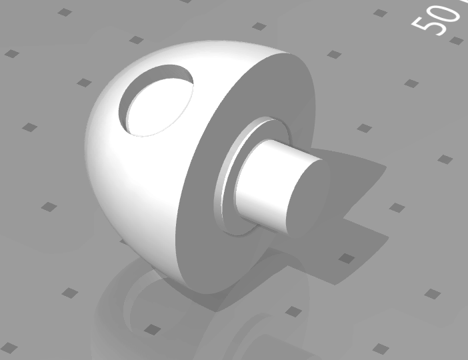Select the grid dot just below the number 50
456,41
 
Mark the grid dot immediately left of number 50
380,13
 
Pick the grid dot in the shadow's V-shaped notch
396,207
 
